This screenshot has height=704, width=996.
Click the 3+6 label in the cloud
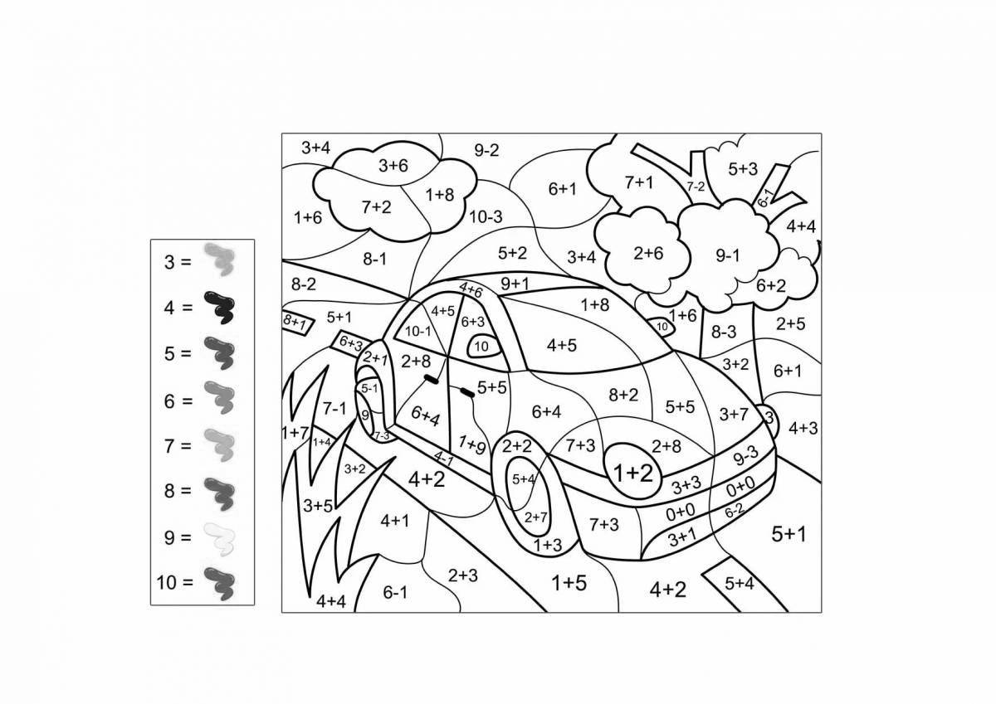(x=393, y=166)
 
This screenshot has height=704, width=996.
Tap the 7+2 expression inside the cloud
(x=376, y=207)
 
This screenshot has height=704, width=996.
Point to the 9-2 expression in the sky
(x=486, y=151)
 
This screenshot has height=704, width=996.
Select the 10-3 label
(x=486, y=216)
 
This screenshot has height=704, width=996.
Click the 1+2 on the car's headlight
(x=633, y=473)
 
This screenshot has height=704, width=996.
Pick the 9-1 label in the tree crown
(x=728, y=255)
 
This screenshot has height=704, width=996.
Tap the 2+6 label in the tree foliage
(x=648, y=253)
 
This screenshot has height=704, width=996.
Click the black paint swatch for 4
(x=219, y=307)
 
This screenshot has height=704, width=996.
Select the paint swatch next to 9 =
(x=219, y=539)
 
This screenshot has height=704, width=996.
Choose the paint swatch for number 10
(x=219, y=583)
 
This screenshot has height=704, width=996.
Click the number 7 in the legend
(x=169, y=446)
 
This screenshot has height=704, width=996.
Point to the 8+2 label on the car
(x=623, y=395)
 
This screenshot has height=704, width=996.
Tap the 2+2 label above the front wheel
(x=516, y=446)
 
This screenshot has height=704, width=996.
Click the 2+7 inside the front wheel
(x=536, y=517)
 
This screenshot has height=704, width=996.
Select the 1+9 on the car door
(x=472, y=444)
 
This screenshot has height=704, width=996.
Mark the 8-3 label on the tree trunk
(x=724, y=332)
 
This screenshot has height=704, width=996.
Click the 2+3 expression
(x=463, y=575)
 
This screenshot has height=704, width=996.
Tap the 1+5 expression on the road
(x=569, y=583)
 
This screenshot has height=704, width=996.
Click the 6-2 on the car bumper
(x=734, y=511)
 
